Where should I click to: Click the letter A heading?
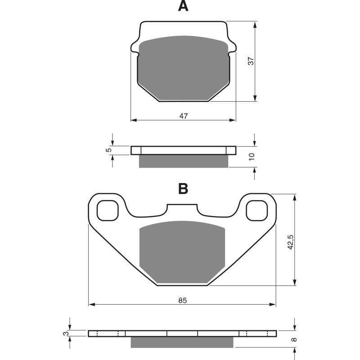[x=183, y=6]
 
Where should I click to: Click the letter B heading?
[x=183, y=189]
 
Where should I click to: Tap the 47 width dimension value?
[x=183, y=116]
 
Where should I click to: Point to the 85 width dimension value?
[x=182, y=300]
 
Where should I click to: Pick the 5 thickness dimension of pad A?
[x=108, y=150]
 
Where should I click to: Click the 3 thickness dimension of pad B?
[x=66, y=333]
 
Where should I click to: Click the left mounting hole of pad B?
[x=108, y=210]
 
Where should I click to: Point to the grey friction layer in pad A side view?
[x=183, y=161]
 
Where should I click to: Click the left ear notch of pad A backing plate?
[x=135, y=47]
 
